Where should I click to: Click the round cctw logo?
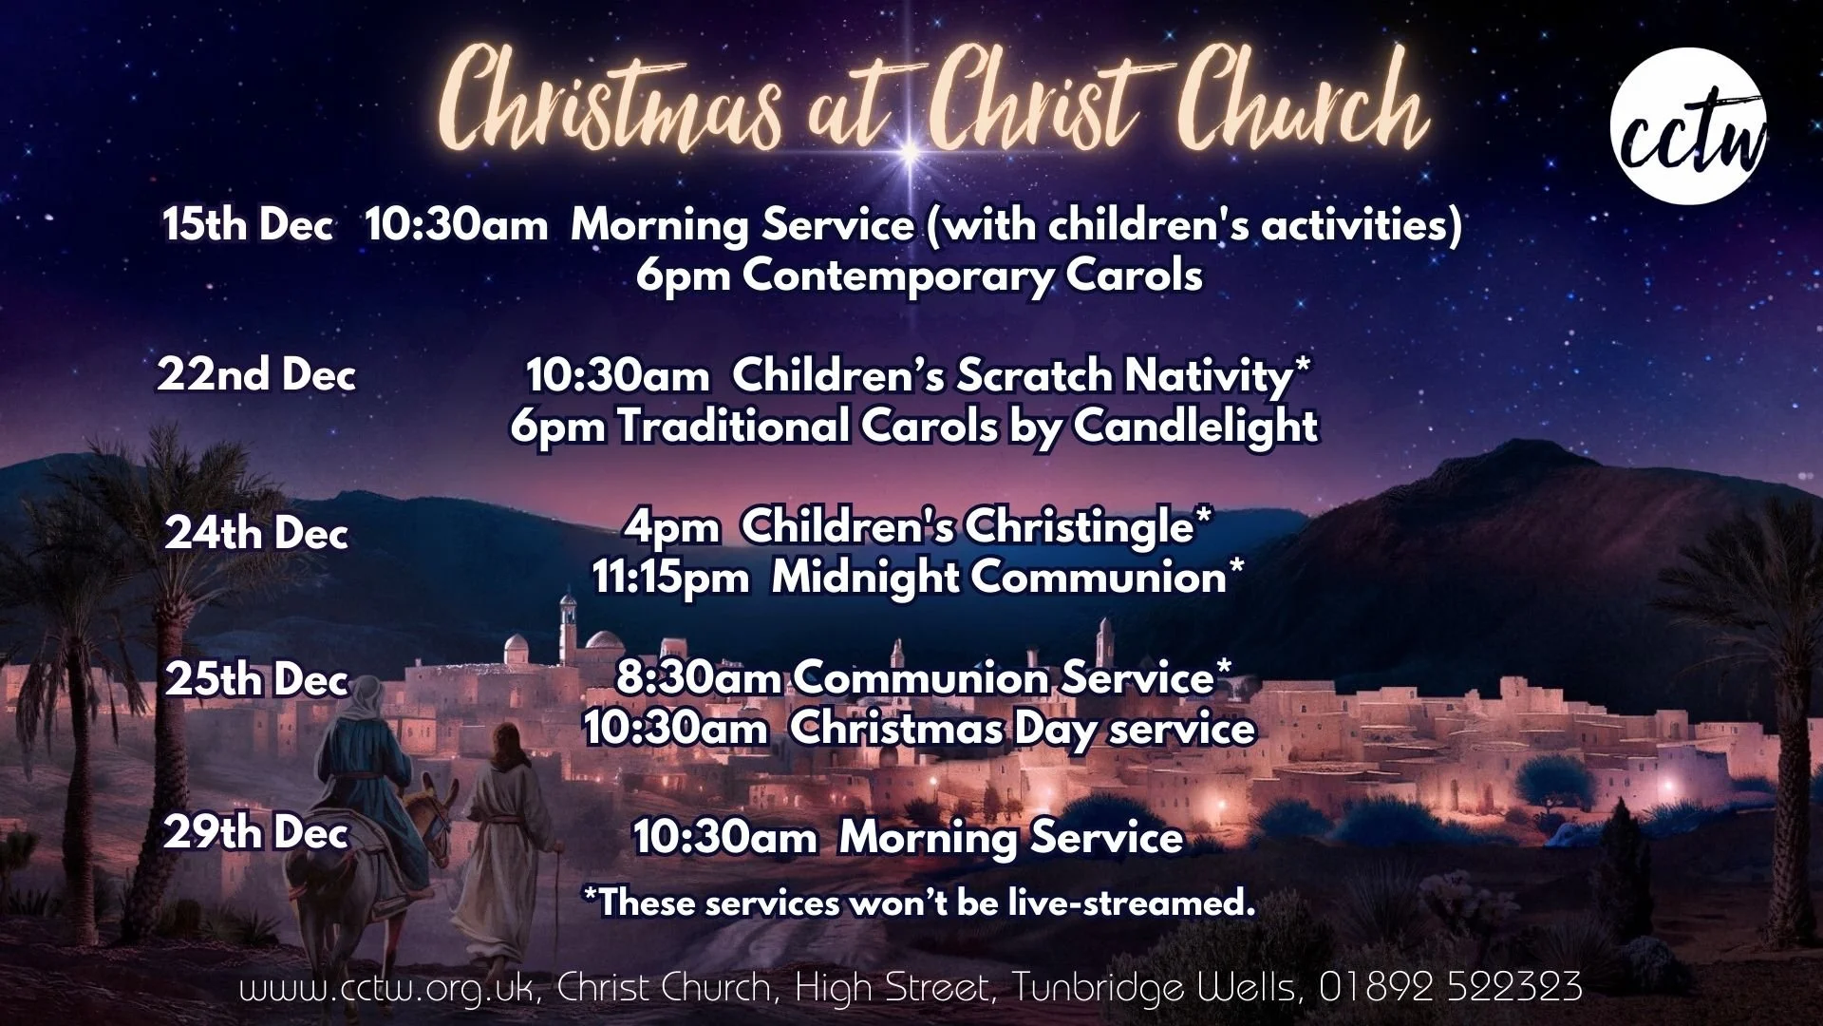point(1688,125)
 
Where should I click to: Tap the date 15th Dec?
point(247,225)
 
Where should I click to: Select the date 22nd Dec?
point(256,374)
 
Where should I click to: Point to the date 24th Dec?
point(256,532)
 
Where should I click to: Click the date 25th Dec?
point(256,680)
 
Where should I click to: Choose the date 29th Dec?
point(256,833)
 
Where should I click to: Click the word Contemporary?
point(897,276)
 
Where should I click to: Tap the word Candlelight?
point(1195,426)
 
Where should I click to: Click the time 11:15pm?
point(670,578)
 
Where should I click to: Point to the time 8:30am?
point(699,678)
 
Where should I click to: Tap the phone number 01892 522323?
point(1450,987)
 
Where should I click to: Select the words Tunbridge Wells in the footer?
point(1154,987)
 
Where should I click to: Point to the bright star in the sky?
point(909,150)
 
